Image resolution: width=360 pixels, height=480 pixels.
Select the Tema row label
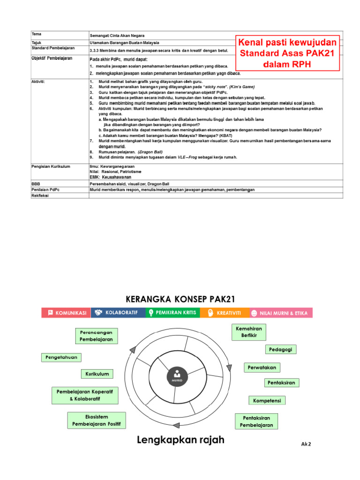[37, 34]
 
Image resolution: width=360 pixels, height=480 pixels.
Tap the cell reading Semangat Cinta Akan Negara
[117, 36]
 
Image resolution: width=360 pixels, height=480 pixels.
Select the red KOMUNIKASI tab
[66, 313]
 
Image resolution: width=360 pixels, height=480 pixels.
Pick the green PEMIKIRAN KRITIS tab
[172, 313]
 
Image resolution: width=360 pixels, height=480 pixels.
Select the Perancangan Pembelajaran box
[96, 335]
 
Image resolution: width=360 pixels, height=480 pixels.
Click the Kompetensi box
[267, 400]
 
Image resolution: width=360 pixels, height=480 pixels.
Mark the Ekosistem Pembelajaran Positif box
[97, 420]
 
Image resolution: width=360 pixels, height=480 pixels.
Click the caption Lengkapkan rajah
[180, 440]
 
